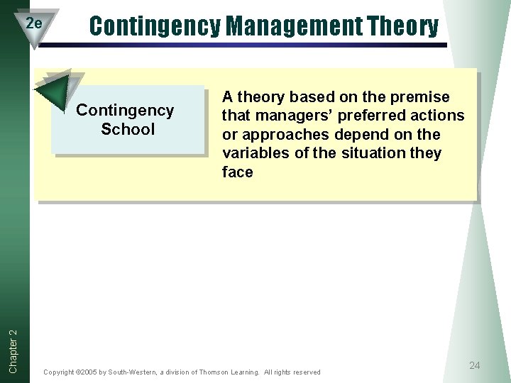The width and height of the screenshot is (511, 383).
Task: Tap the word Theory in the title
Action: (x=404, y=26)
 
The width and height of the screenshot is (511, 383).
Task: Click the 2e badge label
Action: (x=33, y=23)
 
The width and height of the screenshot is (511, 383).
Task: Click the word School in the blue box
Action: (x=128, y=129)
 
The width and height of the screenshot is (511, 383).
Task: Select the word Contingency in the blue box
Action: (x=125, y=110)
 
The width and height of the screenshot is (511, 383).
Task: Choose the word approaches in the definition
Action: (x=279, y=135)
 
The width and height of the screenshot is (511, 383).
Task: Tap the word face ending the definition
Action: (x=237, y=172)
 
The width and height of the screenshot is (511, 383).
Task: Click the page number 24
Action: (x=475, y=365)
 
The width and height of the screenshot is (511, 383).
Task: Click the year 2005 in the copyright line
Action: (x=97, y=372)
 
